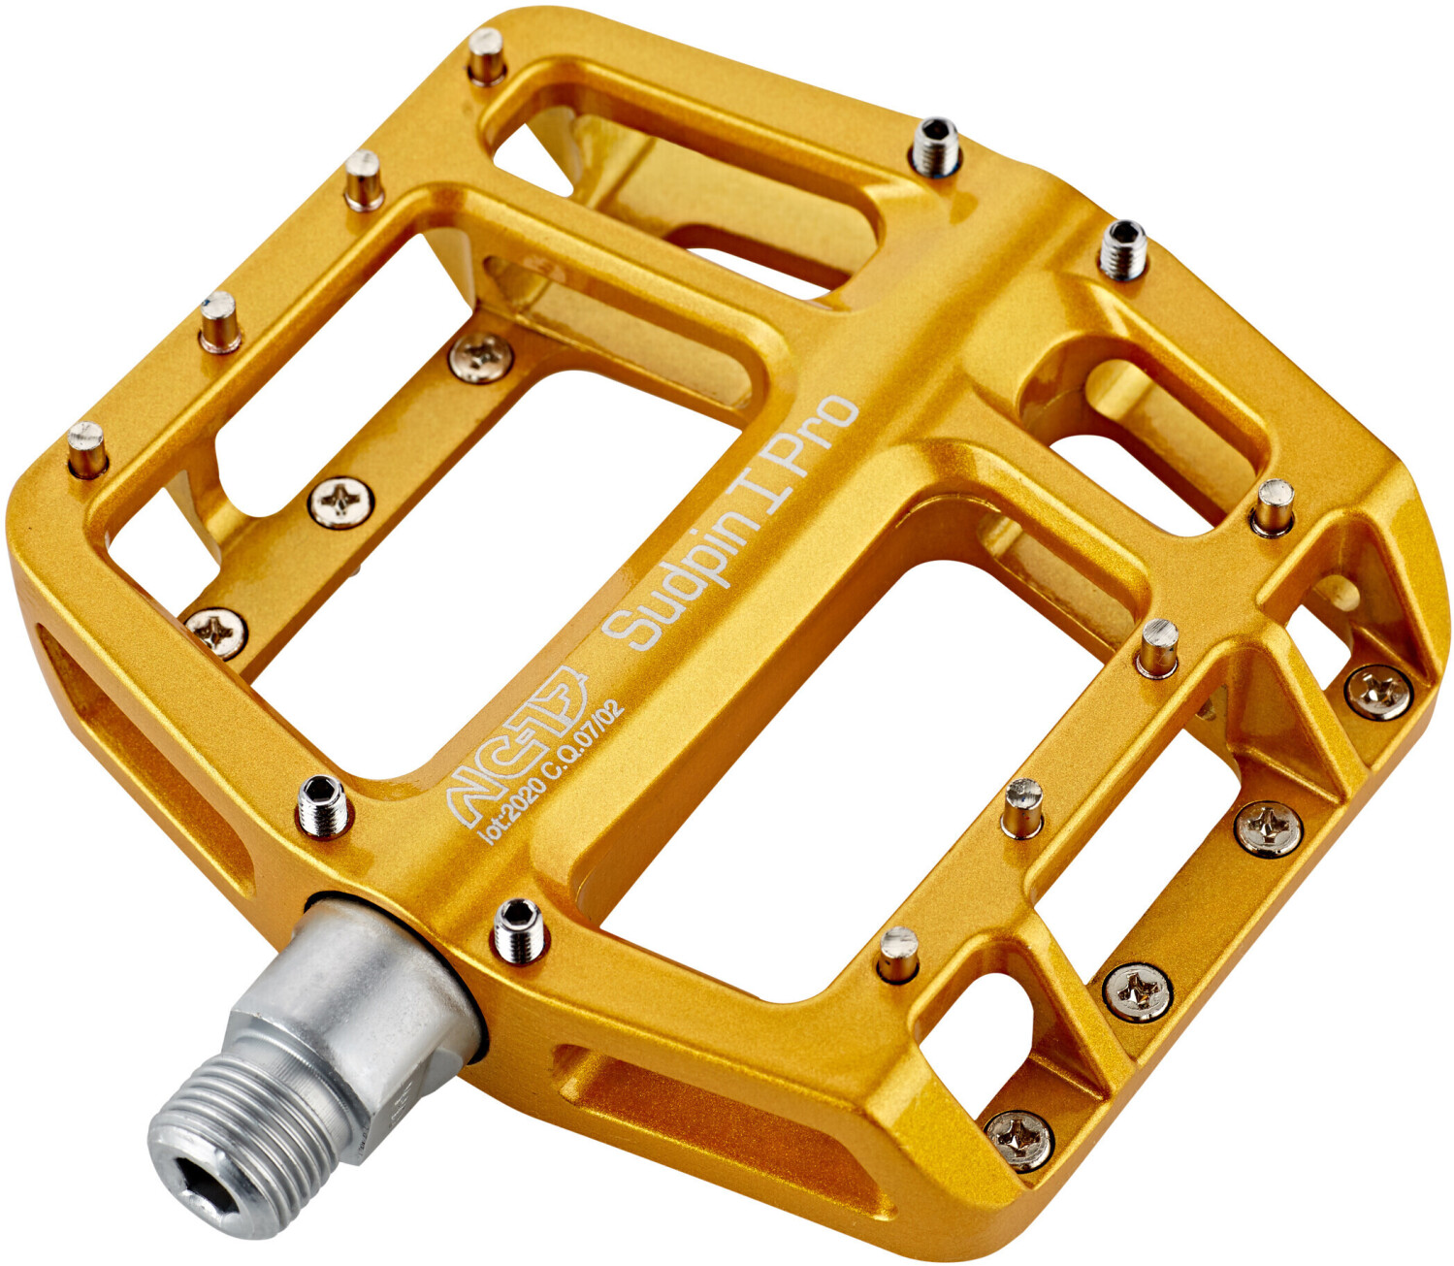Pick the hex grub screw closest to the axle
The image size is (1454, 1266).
coord(518,926)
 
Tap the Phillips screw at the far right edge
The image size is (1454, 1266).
coord(1378,691)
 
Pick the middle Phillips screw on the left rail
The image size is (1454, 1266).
coord(341,502)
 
